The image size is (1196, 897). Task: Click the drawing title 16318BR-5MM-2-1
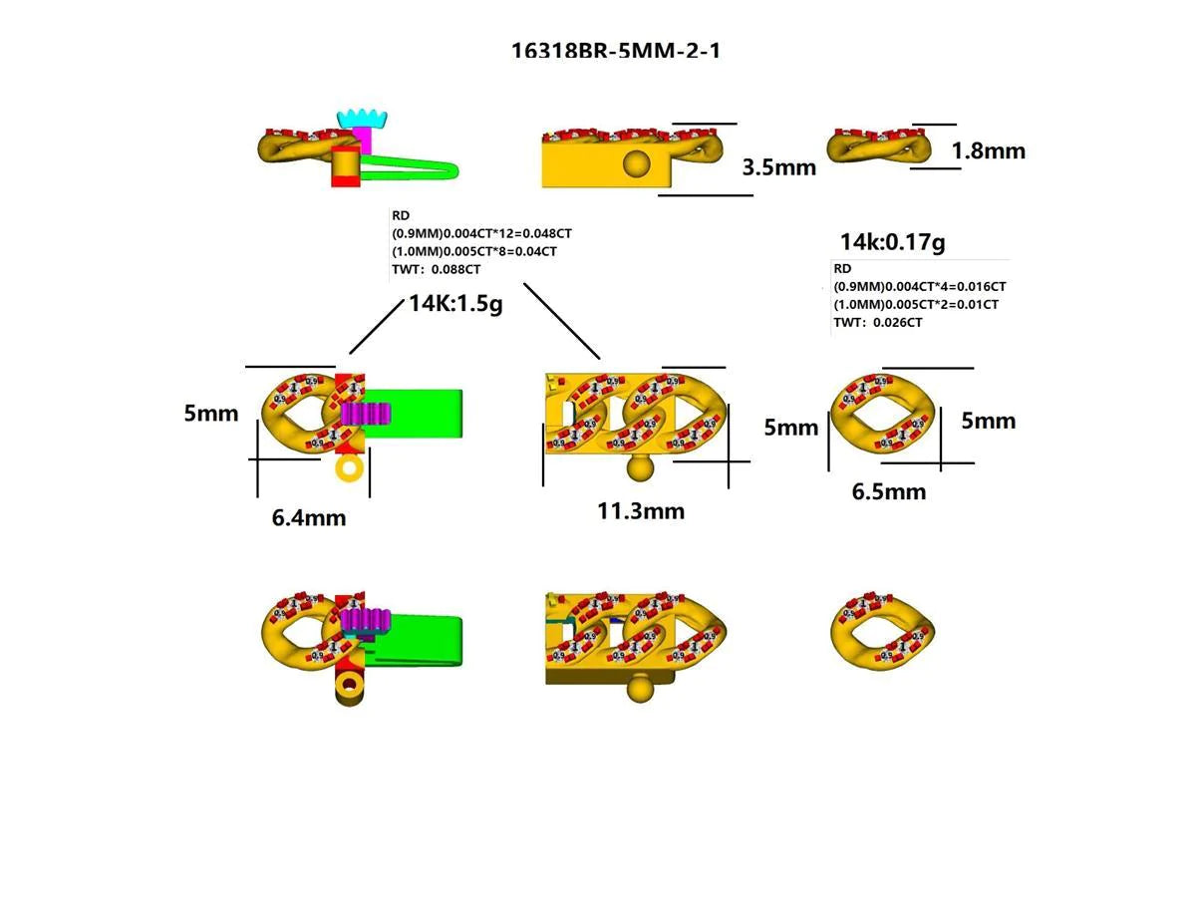(x=615, y=50)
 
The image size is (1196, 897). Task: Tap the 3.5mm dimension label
(x=778, y=166)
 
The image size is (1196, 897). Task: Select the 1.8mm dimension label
(x=988, y=151)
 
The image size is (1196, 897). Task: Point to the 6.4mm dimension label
(x=309, y=517)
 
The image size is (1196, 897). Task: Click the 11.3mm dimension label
(x=641, y=511)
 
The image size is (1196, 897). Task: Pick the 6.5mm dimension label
(x=888, y=491)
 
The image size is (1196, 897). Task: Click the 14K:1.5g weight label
(x=455, y=304)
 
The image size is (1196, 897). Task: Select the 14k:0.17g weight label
(x=892, y=241)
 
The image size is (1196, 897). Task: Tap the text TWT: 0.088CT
(x=437, y=269)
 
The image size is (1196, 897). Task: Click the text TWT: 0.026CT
(x=877, y=322)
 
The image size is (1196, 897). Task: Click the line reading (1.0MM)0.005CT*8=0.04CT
(x=474, y=251)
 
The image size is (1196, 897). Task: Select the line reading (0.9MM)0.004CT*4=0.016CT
(x=919, y=286)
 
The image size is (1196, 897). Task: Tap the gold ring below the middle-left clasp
(x=349, y=467)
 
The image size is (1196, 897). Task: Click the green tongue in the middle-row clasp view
(x=424, y=412)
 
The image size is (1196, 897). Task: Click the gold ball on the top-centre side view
(x=635, y=162)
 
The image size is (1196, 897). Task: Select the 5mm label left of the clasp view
(x=210, y=413)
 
